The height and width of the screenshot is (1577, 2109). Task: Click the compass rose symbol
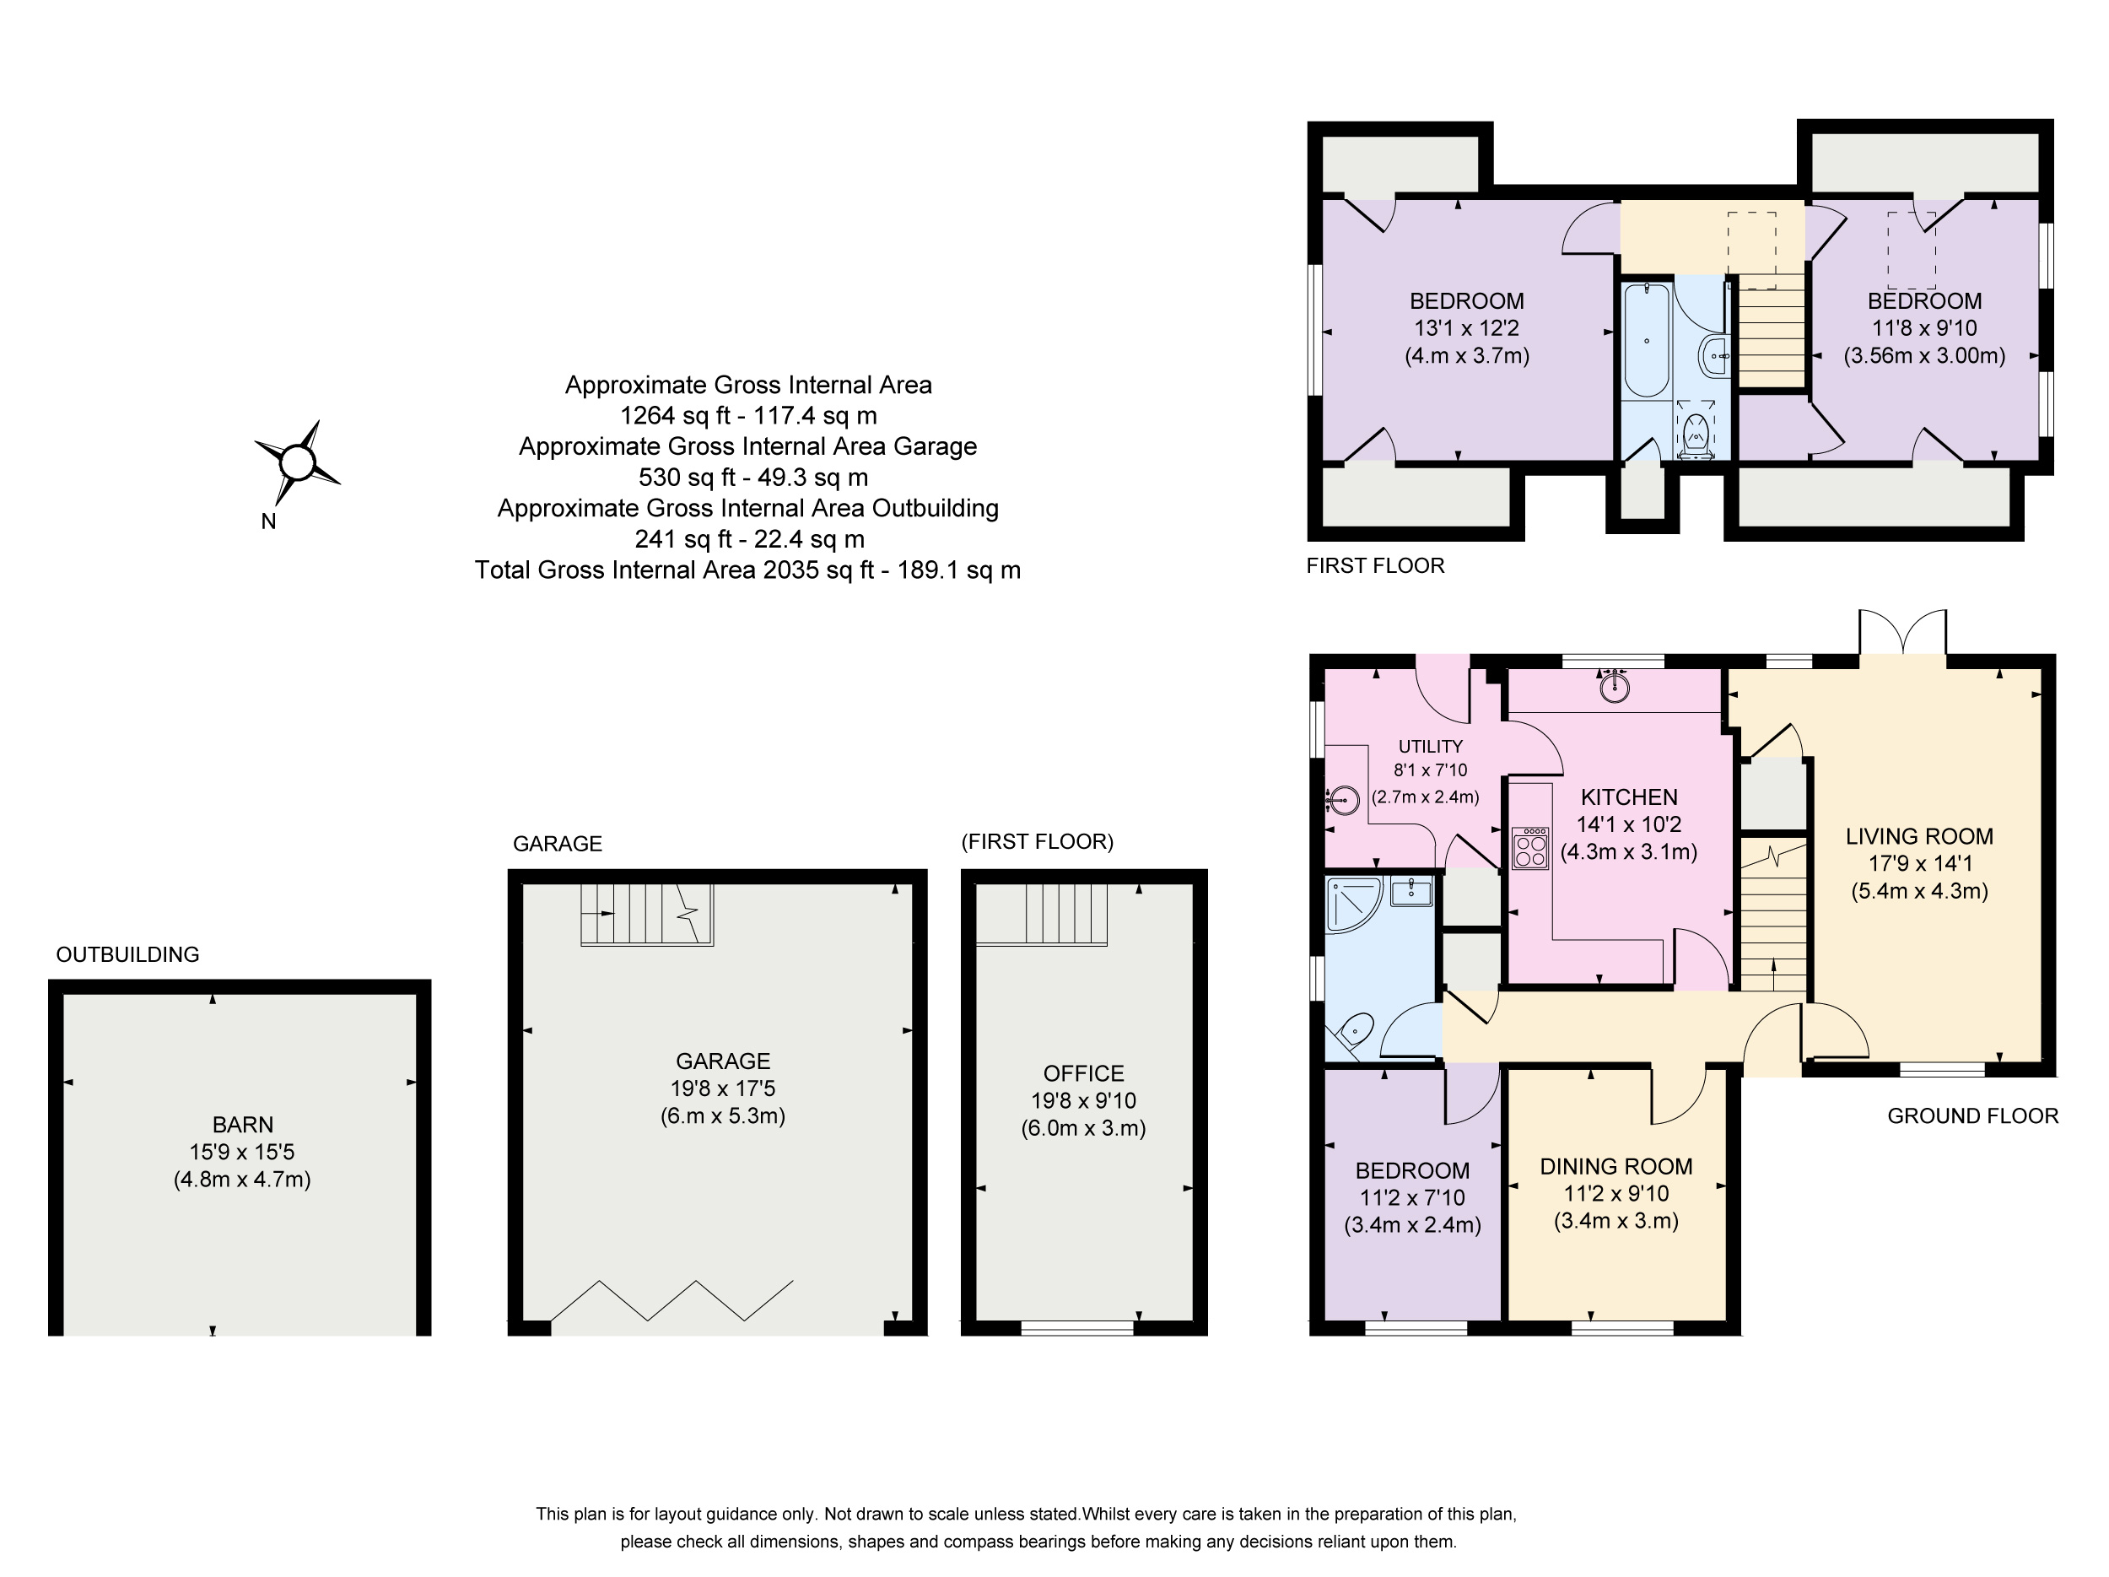(x=296, y=463)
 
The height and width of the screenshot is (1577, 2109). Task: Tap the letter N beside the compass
(x=269, y=521)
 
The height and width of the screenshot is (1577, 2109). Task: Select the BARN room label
(x=243, y=1124)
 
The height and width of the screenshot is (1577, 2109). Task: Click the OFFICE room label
(x=1083, y=1073)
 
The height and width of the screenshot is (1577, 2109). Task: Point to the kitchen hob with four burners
(x=1530, y=848)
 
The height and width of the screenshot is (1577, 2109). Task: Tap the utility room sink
(x=1342, y=799)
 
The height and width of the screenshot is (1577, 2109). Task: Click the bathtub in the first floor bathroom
(x=1647, y=339)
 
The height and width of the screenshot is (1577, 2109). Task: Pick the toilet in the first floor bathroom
(x=1695, y=435)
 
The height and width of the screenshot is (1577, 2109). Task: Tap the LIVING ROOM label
(x=1919, y=836)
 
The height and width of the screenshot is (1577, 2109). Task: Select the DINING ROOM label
(x=1616, y=1166)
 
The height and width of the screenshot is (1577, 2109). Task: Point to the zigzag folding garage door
(x=672, y=1300)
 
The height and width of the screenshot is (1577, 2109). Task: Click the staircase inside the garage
(x=647, y=914)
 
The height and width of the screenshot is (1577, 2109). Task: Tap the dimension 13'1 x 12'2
(x=1466, y=328)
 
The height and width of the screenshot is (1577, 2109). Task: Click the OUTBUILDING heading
(x=127, y=954)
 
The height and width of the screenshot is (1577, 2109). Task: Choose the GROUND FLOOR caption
(x=1972, y=1115)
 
